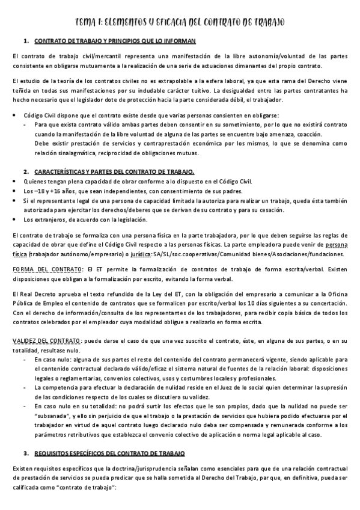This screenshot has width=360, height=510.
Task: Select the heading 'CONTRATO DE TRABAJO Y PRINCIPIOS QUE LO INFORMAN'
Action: pos(114,41)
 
